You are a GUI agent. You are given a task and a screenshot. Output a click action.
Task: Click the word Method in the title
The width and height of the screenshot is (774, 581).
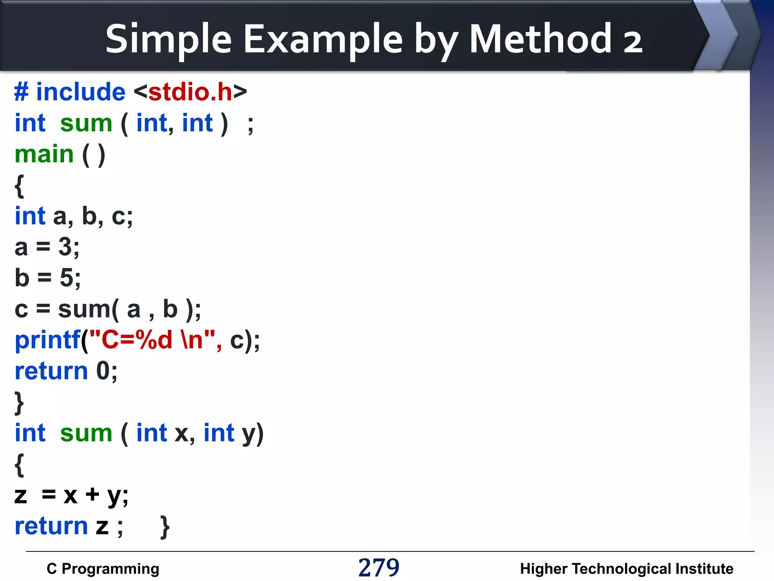tap(540, 39)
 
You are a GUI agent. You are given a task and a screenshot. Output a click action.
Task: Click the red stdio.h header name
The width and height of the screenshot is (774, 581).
tap(190, 92)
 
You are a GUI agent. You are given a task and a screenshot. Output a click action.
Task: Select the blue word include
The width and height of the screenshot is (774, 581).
tap(80, 92)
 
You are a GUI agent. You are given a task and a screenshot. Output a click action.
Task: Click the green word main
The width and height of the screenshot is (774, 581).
tap(44, 154)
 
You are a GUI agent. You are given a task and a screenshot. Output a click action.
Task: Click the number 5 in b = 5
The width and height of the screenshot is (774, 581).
tap(67, 278)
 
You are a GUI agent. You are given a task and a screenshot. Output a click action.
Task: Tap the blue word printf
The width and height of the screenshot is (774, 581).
tap(47, 340)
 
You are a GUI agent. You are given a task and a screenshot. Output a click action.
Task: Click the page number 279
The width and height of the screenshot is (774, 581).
tap(379, 567)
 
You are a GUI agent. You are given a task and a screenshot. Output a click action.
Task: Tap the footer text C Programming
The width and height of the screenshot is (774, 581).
tap(103, 569)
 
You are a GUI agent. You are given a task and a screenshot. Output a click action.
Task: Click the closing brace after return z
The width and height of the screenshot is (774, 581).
tap(165, 527)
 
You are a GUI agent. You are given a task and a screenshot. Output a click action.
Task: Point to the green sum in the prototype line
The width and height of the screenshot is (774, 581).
tap(86, 123)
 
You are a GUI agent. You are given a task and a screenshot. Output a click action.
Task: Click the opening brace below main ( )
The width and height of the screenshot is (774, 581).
tap(19, 186)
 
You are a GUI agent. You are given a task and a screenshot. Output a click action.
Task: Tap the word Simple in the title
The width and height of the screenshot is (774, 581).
tap(168, 39)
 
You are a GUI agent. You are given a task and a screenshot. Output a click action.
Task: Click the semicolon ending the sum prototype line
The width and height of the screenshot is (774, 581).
tap(250, 125)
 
